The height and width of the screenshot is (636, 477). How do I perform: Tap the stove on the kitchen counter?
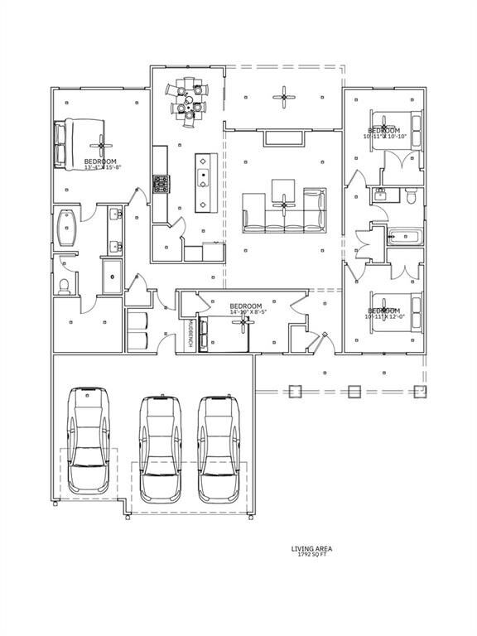(160, 184)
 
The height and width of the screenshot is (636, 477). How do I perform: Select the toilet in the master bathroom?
(65, 285)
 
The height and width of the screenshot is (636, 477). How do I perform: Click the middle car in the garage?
(161, 449)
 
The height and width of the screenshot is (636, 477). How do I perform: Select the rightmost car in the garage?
(219, 449)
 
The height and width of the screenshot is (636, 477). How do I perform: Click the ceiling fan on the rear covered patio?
(284, 97)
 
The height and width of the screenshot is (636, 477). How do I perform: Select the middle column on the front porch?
(354, 391)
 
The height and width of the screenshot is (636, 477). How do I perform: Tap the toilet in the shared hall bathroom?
(410, 195)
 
